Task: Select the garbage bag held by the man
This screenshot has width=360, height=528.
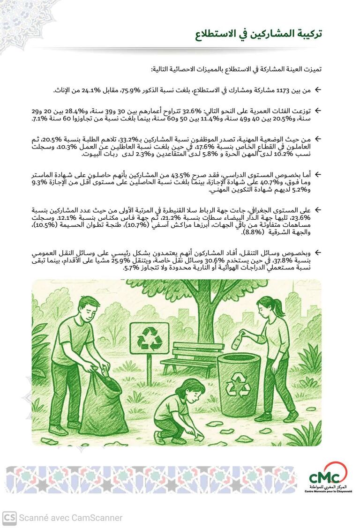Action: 102,403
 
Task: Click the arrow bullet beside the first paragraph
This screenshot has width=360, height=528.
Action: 317,89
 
